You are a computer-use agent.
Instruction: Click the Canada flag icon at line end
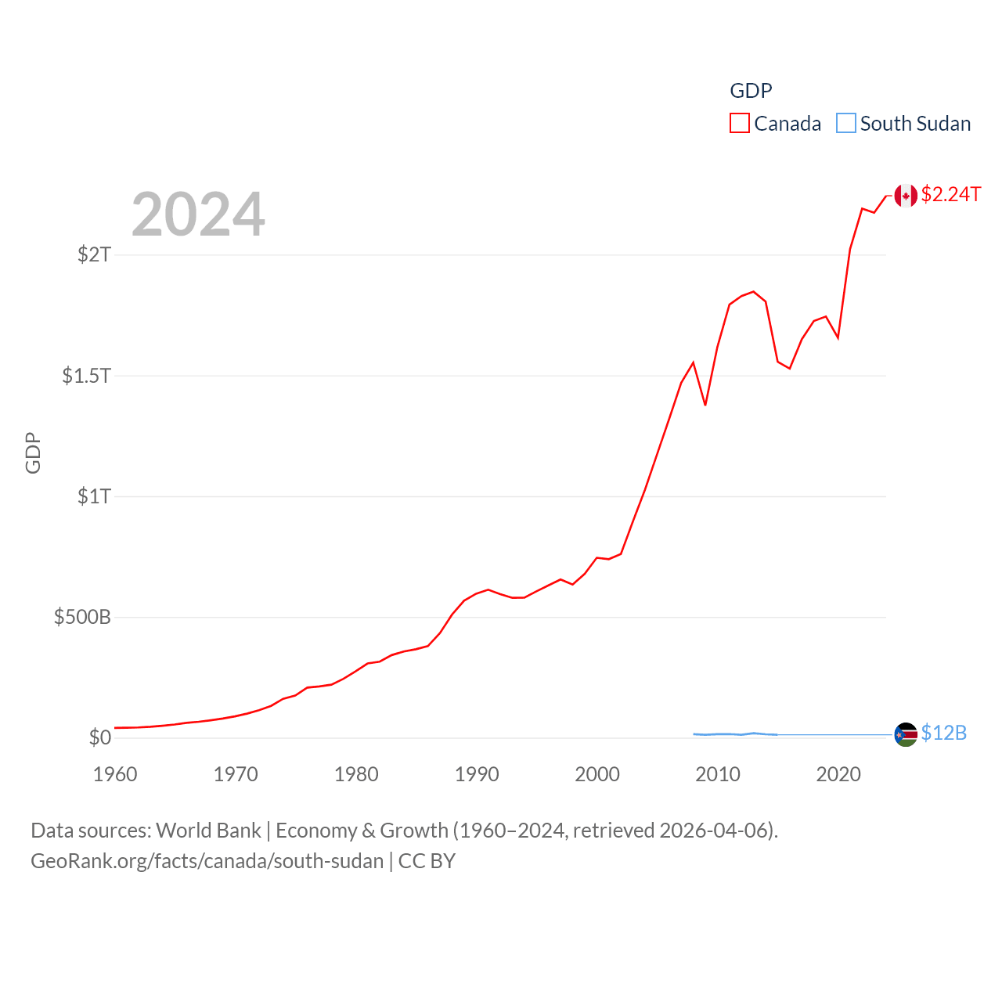[906, 196]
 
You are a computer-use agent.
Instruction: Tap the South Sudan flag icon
[906, 734]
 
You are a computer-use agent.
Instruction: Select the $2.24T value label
[950, 194]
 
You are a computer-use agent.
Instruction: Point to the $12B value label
[943, 733]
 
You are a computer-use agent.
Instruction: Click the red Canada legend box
[740, 124]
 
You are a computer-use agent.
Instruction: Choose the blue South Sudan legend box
[846, 124]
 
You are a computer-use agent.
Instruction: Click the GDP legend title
[751, 91]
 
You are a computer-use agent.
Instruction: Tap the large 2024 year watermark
[198, 214]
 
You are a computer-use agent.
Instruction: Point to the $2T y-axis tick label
[95, 254]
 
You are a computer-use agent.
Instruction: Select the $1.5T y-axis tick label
[87, 376]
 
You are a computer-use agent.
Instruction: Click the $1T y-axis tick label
[95, 496]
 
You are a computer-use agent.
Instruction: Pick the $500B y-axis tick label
[82, 617]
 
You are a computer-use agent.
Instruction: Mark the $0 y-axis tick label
[100, 737]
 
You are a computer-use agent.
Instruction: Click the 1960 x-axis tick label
[115, 774]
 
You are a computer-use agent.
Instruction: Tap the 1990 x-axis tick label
[477, 774]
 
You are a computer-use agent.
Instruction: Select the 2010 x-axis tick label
[718, 774]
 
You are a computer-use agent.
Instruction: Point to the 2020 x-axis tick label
[838, 774]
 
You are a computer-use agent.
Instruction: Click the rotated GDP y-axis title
[33, 452]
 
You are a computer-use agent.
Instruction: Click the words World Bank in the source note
[208, 831]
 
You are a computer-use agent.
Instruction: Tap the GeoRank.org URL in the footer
[207, 861]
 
